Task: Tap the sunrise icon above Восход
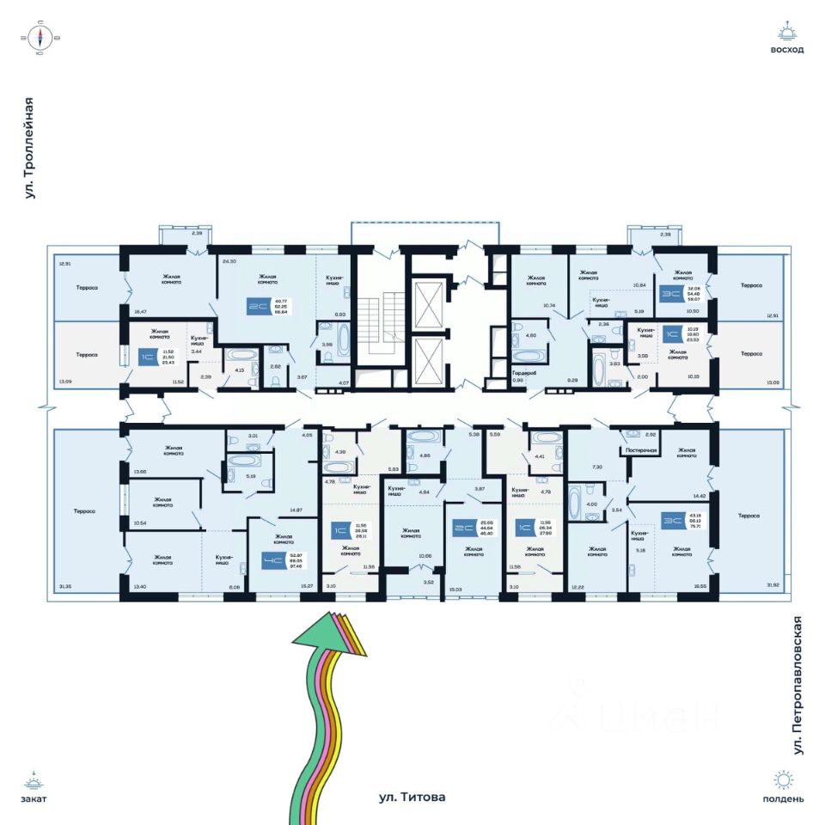[786, 33]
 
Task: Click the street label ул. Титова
[412, 797]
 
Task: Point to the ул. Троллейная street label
[30, 149]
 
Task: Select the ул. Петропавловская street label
[797, 685]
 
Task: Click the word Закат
[33, 798]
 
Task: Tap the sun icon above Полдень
[783, 780]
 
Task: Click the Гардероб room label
[524, 373]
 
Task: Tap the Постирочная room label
[642, 449]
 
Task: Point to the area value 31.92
[771, 587]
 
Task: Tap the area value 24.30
[229, 260]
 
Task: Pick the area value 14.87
[296, 510]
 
